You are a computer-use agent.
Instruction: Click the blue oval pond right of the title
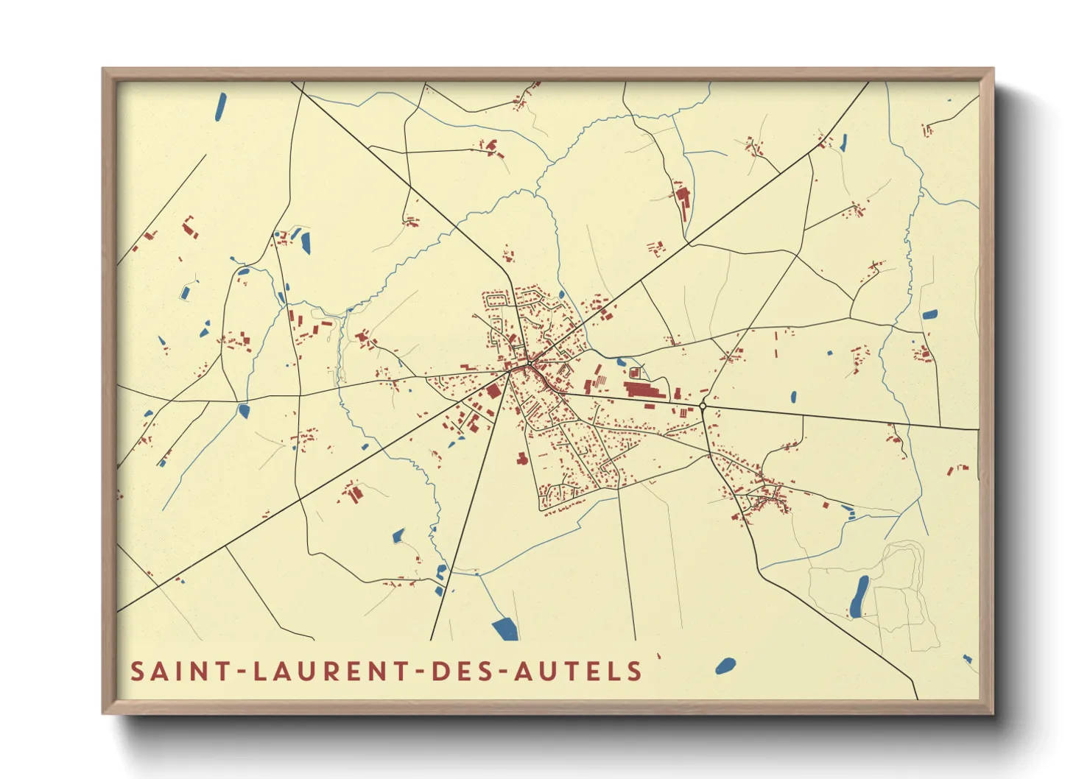(725, 666)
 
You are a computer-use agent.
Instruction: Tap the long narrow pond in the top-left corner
(220, 107)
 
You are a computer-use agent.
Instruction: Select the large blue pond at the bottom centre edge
(505, 629)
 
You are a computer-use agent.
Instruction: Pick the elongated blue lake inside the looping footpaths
(859, 596)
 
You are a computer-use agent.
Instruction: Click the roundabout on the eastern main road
(703, 406)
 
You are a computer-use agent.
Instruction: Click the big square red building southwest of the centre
(493, 391)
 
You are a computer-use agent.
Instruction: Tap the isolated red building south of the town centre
(522, 459)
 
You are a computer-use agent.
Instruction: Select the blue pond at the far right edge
(930, 314)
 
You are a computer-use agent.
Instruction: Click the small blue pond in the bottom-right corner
(968, 659)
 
